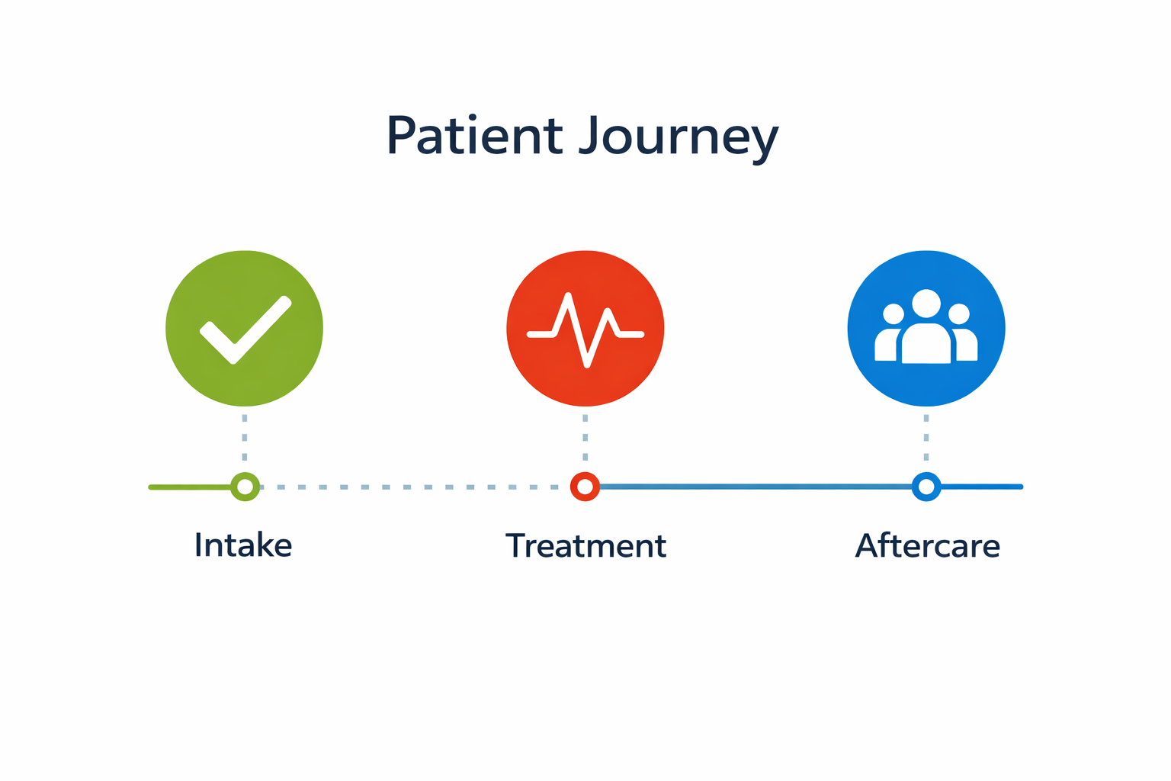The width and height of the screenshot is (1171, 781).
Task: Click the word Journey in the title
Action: point(679,137)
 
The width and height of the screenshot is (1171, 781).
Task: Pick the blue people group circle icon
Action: point(926,381)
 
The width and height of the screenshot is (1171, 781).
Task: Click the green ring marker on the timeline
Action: point(245,487)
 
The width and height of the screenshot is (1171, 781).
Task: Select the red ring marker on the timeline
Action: point(585,487)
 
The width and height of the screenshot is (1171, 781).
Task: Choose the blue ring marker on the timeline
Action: point(926,487)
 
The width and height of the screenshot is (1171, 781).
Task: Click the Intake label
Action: point(243,545)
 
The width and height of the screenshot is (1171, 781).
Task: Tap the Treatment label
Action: point(585,546)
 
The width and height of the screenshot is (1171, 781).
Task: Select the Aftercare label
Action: point(927,546)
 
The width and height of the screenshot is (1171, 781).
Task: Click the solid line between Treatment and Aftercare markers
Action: point(755,486)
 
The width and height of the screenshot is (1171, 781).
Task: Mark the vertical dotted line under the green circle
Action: point(244,438)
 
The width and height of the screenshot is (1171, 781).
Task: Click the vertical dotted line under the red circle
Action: point(585,438)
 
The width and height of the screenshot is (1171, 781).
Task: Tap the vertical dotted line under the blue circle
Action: point(926,438)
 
